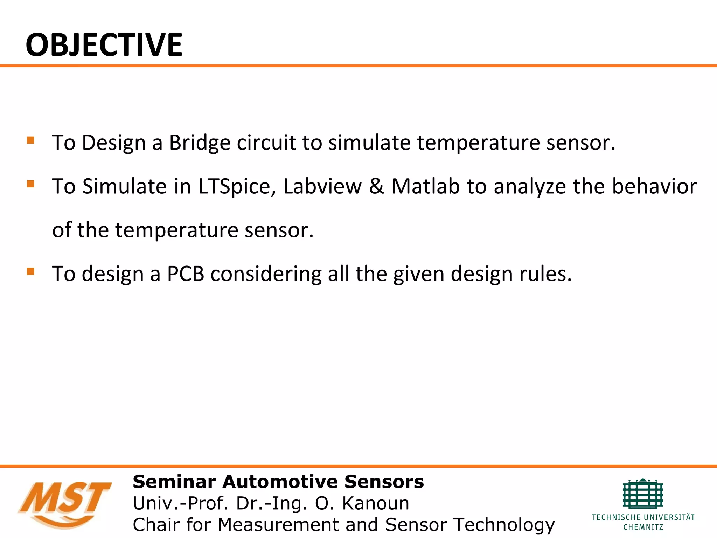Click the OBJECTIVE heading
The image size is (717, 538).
[104, 45]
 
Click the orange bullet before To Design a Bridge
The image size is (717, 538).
[30, 140]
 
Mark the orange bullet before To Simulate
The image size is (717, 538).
[30, 184]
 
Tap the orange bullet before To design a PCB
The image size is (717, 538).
[30, 271]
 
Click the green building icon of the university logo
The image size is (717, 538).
[643, 494]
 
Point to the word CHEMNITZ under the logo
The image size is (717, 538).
[643, 527]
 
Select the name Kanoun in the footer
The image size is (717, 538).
[375, 503]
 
